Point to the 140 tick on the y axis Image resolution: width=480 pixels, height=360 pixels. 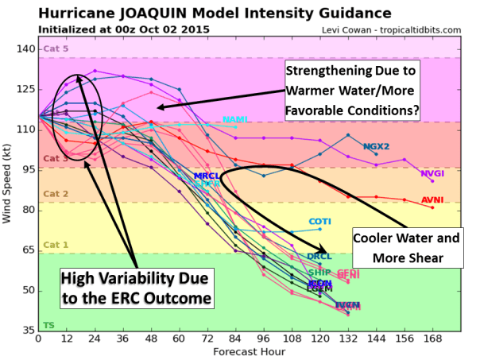point(24,49)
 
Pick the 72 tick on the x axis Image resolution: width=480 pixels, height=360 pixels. point(207,338)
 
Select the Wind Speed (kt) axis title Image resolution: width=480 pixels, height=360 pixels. point(8,188)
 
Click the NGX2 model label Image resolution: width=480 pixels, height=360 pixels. point(376,146)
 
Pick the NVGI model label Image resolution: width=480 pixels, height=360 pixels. point(432,172)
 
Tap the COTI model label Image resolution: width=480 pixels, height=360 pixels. point(319,221)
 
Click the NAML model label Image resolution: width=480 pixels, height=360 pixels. point(236,119)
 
